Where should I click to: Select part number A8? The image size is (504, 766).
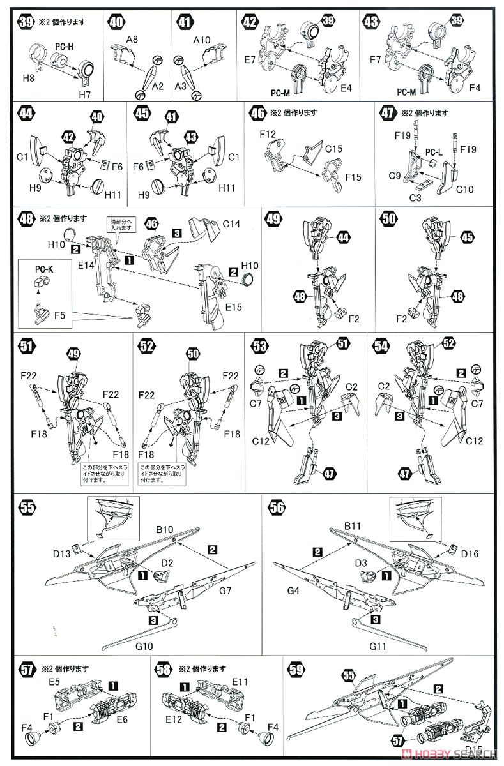point(132,39)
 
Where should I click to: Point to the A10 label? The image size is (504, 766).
point(201,39)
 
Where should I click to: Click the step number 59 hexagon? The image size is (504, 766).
point(296,670)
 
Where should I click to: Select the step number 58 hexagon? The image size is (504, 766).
point(163,670)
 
